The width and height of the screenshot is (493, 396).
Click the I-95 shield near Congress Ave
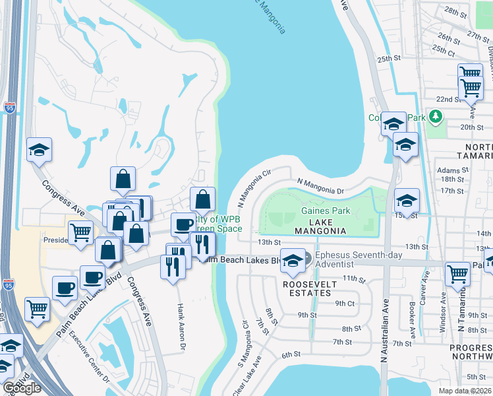click(9, 107)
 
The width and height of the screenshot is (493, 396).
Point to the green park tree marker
click(434, 117)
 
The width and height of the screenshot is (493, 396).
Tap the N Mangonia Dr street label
click(321, 185)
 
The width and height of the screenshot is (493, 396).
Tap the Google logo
click(22, 388)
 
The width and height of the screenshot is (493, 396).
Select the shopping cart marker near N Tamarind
click(457, 273)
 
